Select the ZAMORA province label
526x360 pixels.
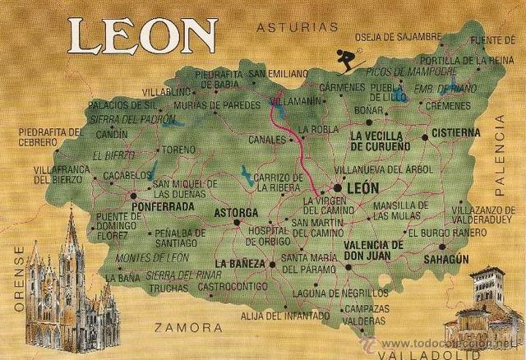coord(187,327)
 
